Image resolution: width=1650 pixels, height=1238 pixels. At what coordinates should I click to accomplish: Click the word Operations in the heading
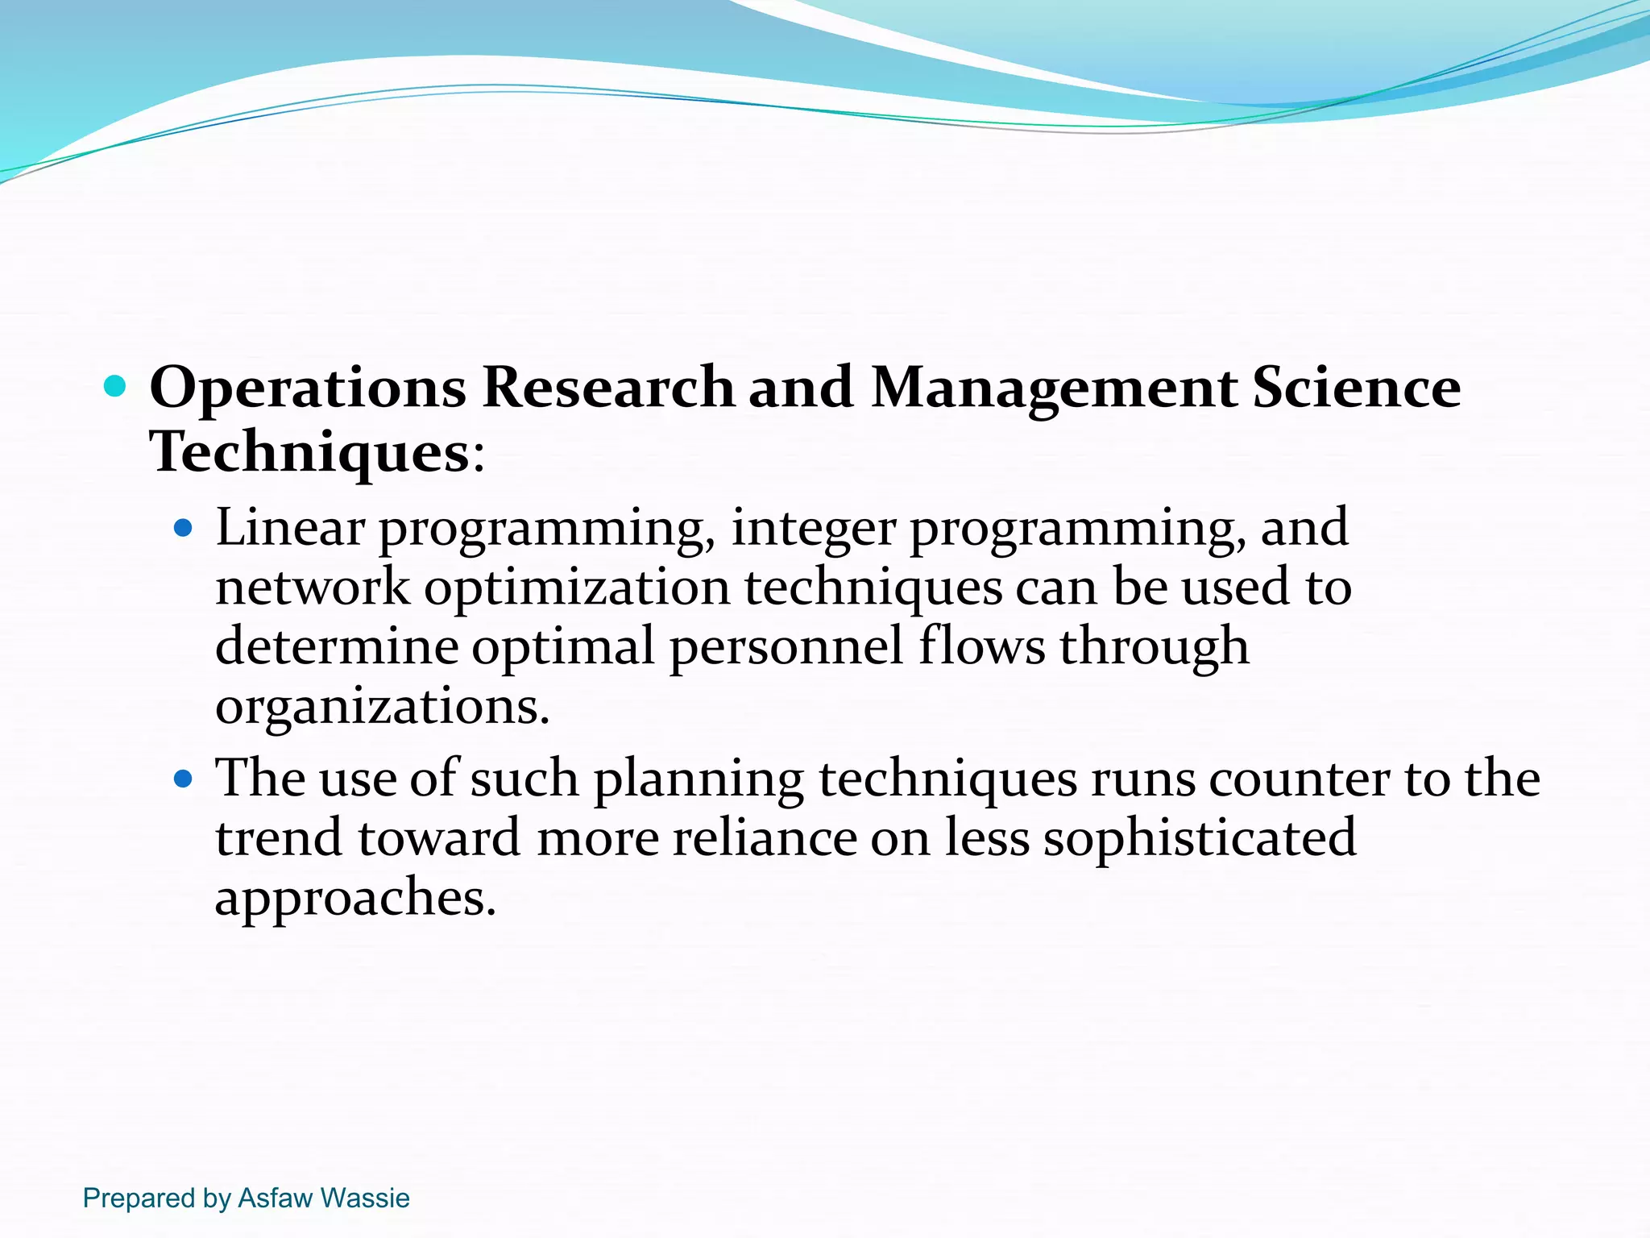coord(307,388)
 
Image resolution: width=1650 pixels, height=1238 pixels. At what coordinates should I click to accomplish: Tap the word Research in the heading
coord(607,387)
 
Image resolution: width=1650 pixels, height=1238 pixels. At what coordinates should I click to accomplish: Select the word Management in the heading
coord(1054,388)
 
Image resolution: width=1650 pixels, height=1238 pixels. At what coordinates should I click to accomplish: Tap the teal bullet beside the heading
coord(116,386)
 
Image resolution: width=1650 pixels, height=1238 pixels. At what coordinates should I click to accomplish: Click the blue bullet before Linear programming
coord(184,529)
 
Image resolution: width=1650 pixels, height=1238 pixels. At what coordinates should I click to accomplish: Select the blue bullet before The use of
coord(184,779)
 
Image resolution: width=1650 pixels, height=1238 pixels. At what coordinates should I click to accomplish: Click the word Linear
coord(290,528)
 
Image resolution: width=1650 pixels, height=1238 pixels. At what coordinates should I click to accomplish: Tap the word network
coord(313,588)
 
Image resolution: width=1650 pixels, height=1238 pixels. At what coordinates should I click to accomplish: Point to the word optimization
coord(577,589)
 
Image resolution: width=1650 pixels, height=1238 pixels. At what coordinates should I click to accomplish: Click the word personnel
coord(786,647)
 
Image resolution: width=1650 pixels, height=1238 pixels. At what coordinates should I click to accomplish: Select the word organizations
coord(382,708)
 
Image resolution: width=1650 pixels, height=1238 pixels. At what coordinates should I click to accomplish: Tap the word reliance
coord(765,838)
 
